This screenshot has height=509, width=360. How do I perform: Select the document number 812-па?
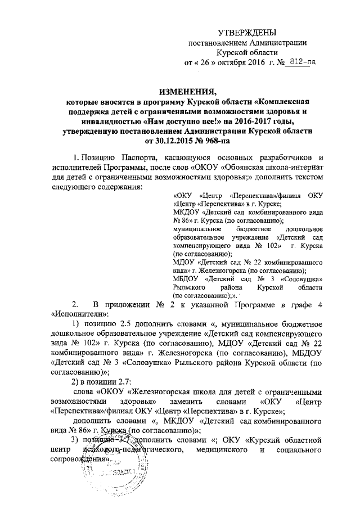(301, 62)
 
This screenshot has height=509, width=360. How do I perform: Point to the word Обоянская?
(240, 166)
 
